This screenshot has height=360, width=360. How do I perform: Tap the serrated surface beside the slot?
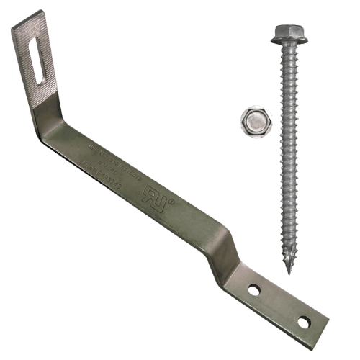tap(48, 72)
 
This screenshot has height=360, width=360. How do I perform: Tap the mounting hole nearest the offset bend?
tap(253, 289)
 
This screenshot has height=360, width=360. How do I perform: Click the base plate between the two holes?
tap(279, 305)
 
